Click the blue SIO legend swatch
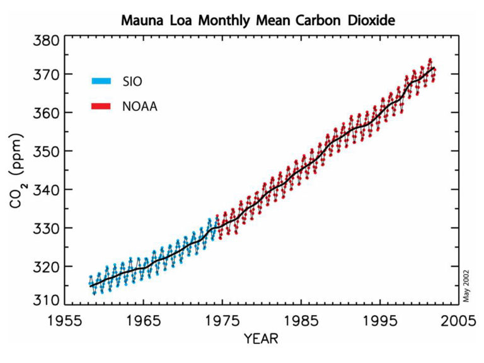(101, 81)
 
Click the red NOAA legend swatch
(101, 107)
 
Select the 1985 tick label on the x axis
(305, 320)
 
